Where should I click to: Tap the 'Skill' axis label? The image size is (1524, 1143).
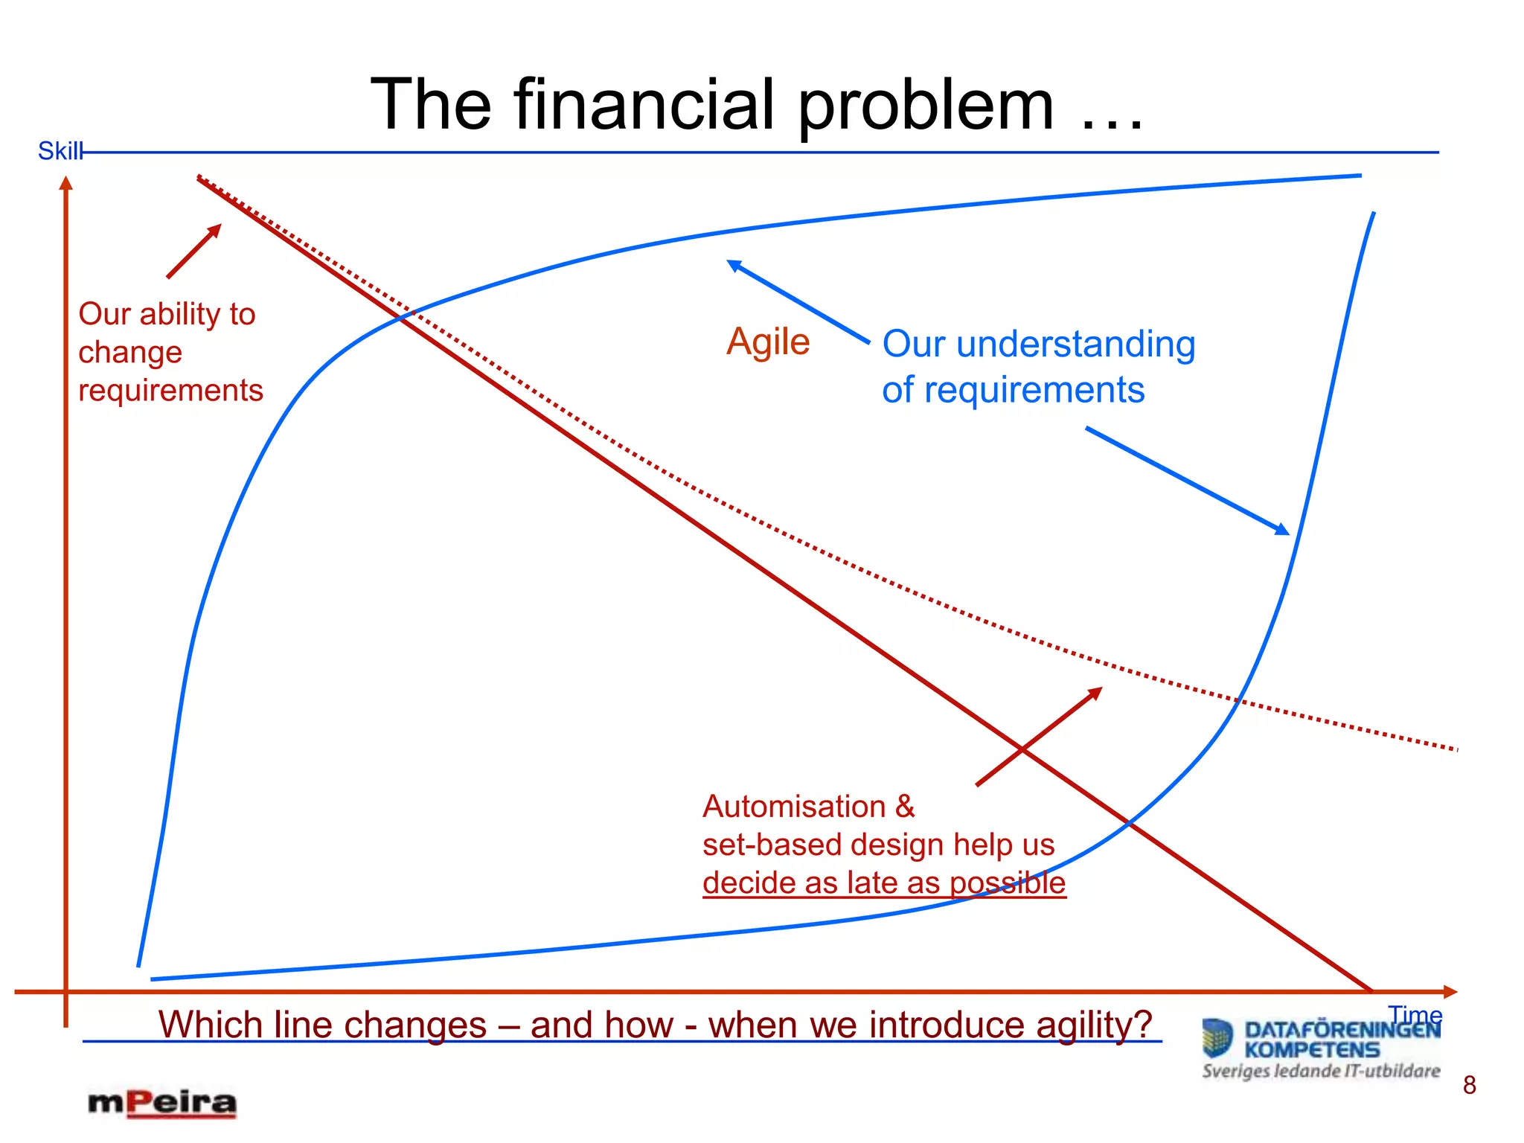(60, 151)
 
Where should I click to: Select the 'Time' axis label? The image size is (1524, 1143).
(1415, 1014)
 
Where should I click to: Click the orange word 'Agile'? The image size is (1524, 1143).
(768, 342)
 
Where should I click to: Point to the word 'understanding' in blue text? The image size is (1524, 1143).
(1075, 345)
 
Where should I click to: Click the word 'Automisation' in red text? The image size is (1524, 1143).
(794, 807)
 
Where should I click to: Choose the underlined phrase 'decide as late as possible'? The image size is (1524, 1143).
(884, 883)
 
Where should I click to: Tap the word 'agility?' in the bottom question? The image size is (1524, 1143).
(1094, 1025)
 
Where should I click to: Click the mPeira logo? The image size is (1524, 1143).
(162, 1103)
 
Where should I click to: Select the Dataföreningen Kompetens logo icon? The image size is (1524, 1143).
(1217, 1037)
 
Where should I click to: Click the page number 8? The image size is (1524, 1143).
(1469, 1085)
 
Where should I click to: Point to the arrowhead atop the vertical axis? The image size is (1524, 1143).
(66, 183)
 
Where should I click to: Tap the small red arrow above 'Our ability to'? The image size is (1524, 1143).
(194, 251)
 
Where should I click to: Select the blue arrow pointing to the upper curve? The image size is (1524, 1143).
(797, 301)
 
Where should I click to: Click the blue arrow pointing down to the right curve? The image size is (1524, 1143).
(1187, 481)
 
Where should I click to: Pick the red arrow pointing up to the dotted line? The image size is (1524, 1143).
(1039, 736)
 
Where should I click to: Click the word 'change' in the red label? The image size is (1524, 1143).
(130, 352)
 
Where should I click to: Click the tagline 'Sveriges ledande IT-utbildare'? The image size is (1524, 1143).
(1321, 1071)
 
